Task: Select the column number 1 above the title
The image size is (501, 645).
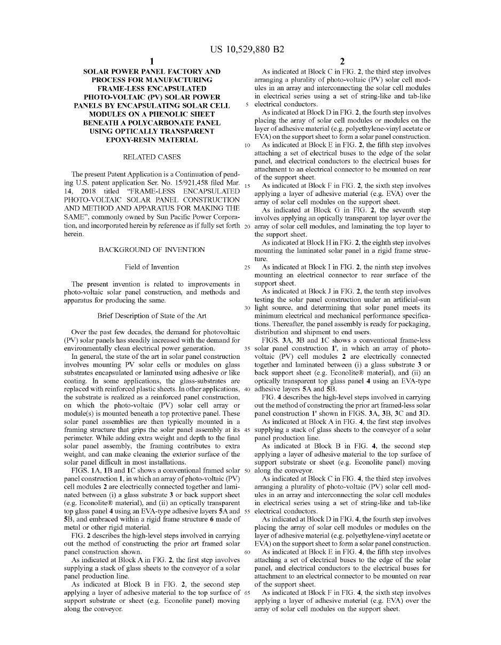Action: click(x=152, y=61)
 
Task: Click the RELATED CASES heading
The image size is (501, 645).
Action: click(x=152, y=157)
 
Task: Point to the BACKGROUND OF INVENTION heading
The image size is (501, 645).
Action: click(x=152, y=250)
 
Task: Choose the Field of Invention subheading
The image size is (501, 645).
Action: click(x=152, y=267)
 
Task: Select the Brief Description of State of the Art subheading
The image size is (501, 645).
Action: click(x=152, y=316)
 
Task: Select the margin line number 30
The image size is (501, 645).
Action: click(x=247, y=308)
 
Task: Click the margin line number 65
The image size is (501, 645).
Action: click(x=247, y=593)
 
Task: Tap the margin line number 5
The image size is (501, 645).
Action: click(x=247, y=105)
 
